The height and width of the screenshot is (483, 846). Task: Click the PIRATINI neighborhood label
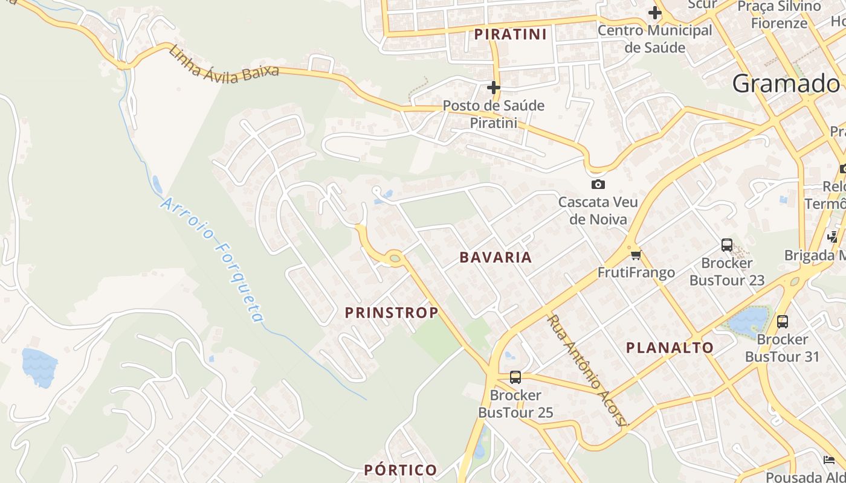coord(510,34)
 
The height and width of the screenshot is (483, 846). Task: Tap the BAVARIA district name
coord(496,257)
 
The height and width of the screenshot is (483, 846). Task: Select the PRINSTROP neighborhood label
coord(392,313)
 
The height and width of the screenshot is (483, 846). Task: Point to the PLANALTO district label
coord(670,348)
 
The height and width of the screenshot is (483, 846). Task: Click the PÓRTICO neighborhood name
coord(400,470)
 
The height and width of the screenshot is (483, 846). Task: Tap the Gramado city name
coord(786,83)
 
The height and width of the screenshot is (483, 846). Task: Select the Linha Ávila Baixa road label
coord(224,64)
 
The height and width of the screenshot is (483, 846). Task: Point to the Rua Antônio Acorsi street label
coord(586,369)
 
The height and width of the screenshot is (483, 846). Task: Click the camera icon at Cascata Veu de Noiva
coord(598,184)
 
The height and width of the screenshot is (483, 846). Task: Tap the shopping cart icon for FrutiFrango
coord(635,255)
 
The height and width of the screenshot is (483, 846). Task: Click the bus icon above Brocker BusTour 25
coord(515,377)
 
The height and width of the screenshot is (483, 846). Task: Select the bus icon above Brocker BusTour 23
coord(726,245)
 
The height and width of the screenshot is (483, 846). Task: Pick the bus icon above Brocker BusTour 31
coord(782,321)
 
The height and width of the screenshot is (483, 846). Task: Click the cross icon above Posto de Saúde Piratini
coord(494,88)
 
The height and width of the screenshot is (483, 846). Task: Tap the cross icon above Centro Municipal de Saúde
coord(654,12)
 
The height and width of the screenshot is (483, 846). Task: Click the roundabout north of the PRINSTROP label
coord(395,258)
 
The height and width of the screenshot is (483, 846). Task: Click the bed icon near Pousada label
coord(829,460)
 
